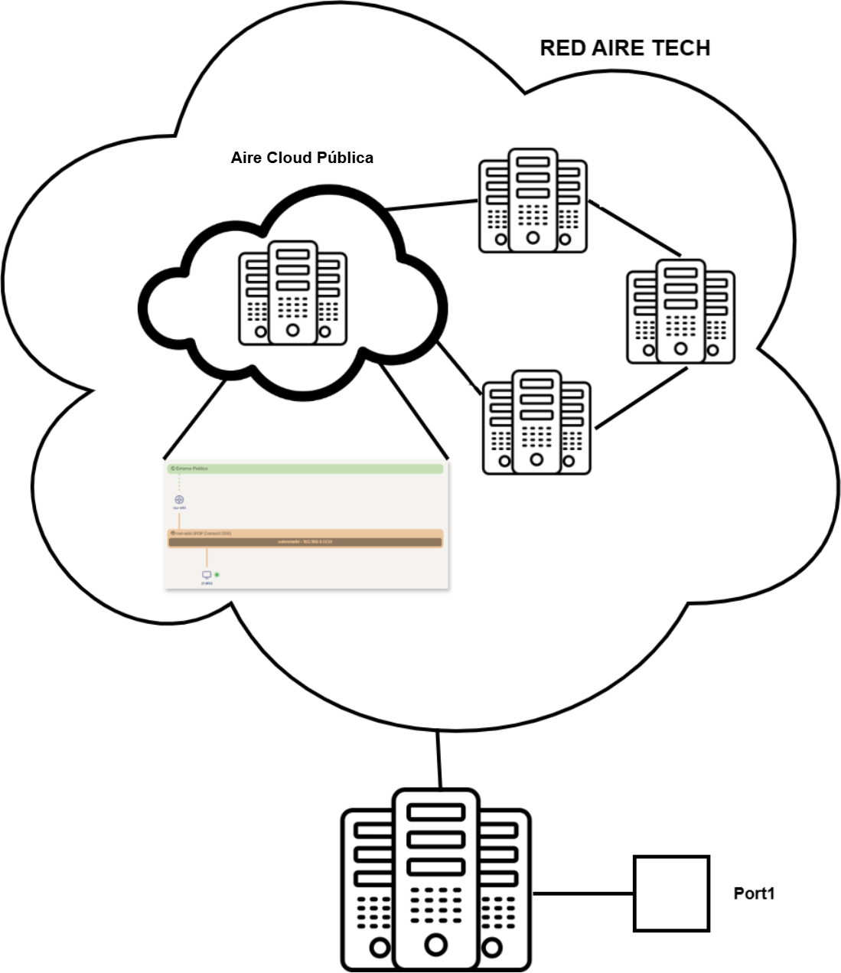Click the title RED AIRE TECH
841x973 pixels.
[624, 48]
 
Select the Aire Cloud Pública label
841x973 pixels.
[302, 158]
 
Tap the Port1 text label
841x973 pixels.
[754, 893]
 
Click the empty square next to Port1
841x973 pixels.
[671, 893]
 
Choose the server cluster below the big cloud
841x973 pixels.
[435, 880]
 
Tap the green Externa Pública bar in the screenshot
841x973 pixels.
[305, 469]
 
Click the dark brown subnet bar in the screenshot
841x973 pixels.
[305, 542]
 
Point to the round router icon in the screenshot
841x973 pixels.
[179, 500]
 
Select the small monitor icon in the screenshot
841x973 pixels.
[206, 575]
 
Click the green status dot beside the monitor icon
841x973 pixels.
[217, 574]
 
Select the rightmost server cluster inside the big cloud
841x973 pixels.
[680, 312]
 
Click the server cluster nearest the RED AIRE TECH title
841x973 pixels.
[533, 201]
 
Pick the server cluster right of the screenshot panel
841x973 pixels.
[536, 423]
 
